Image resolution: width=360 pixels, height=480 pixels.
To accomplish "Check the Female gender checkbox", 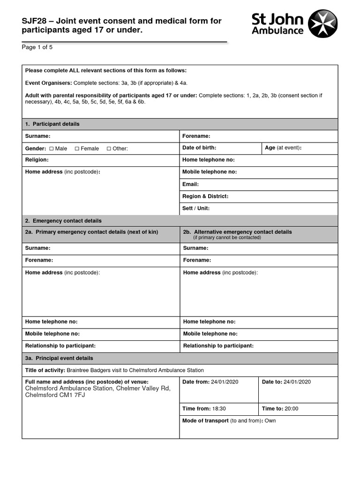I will coord(77,149).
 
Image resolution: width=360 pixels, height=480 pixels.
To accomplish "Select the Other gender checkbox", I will coord(109,149).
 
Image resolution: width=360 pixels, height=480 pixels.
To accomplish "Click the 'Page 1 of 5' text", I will coord(37,47).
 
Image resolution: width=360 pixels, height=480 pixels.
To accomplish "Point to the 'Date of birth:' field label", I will coord(199,148).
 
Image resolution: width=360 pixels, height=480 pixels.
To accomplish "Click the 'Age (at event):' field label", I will coord(283,148).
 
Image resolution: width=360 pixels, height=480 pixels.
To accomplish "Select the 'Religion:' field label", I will coord(37,160).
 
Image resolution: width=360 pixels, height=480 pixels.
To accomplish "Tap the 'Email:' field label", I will coord(190,184).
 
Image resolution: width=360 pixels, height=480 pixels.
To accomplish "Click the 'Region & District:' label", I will coord(205,196).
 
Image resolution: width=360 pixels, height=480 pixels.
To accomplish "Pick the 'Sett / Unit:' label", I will coord(196,208).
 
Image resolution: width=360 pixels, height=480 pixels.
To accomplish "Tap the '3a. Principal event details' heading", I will coord(59,358).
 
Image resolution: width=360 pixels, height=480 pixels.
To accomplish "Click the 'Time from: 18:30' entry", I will coord(204,409).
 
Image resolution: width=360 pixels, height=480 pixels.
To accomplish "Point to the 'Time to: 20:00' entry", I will coord(280,409).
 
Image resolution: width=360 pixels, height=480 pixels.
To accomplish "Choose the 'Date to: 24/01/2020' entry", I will coord(286,382).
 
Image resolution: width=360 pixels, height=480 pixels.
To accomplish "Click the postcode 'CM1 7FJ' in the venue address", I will coord(74,395).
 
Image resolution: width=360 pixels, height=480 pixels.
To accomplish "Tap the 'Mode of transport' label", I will coord(205,420).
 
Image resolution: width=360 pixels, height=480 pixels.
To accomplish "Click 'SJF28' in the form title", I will coord(33,21).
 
